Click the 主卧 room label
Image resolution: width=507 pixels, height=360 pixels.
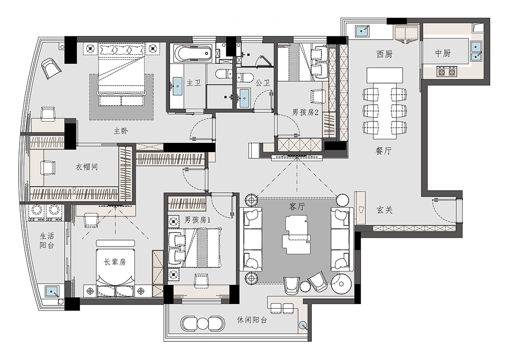click(121, 131)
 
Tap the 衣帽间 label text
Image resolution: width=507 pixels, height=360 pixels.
click(87, 167)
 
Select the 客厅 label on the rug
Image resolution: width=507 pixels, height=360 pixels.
click(297, 206)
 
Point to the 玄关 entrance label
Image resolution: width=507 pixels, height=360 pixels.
click(385, 210)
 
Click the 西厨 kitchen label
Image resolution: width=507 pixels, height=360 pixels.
click(385, 54)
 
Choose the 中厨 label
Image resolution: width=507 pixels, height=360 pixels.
click(442, 53)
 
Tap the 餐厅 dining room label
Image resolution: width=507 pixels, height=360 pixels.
click(384, 151)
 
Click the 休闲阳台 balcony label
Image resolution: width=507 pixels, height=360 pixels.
click(252, 320)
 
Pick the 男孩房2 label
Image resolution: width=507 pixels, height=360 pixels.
click(305, 112)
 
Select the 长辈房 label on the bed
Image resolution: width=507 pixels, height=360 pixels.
click(115, 262)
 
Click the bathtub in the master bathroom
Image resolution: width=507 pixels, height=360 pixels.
click(193, 54)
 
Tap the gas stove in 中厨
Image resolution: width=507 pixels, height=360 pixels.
click(447, 71)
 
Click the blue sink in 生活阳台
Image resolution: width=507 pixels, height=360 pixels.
click(51, 291)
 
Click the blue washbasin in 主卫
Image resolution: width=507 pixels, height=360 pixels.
click(177, 86)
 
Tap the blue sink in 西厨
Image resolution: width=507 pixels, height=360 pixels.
click(363, 31)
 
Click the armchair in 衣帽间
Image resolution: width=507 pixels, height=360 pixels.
click(48, 168)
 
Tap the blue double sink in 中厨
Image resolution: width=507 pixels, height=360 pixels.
click(475, 51)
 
